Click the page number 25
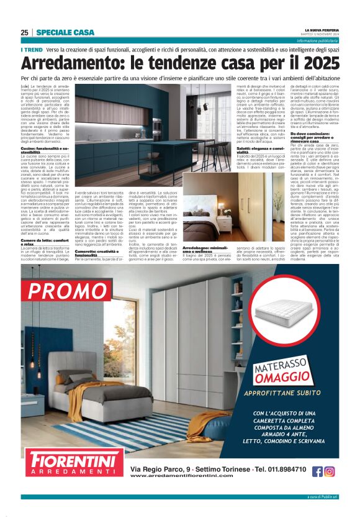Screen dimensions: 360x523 point(25,32)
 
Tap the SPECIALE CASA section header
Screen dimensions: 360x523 point(65,32)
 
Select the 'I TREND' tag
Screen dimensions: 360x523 point(32,49)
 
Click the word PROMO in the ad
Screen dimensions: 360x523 point(68,291)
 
